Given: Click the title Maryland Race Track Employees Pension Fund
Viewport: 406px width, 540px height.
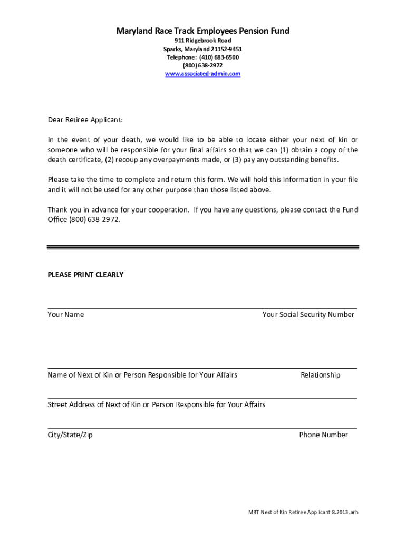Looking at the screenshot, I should [x=202, y=31].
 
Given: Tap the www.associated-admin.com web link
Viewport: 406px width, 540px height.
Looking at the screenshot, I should [x=202, y=74].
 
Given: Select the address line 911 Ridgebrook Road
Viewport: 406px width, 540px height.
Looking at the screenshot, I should [x=202, y=41].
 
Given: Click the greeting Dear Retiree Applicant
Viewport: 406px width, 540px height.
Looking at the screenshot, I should [x=85, y=120].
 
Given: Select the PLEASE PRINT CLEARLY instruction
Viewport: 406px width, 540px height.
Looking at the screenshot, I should [x=85, y=275].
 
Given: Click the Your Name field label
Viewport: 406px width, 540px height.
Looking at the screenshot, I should [x=65, y=315].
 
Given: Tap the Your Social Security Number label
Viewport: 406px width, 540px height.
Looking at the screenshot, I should [x=308, y=315].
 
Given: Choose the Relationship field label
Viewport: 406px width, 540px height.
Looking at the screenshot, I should [x=320, y=375].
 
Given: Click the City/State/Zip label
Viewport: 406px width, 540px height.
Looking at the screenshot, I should [x=70, y=435].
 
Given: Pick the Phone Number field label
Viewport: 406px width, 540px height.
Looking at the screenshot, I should [x=323, y=435].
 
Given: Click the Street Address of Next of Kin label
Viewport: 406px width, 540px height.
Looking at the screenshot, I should [x=156, y=405].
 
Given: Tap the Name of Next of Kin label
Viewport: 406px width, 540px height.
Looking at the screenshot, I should [x=142, y=375].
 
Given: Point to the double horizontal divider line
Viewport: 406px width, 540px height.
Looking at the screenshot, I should [x=202, y=247].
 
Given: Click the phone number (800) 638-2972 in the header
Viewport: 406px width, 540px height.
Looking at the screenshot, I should [x=202, y=65].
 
